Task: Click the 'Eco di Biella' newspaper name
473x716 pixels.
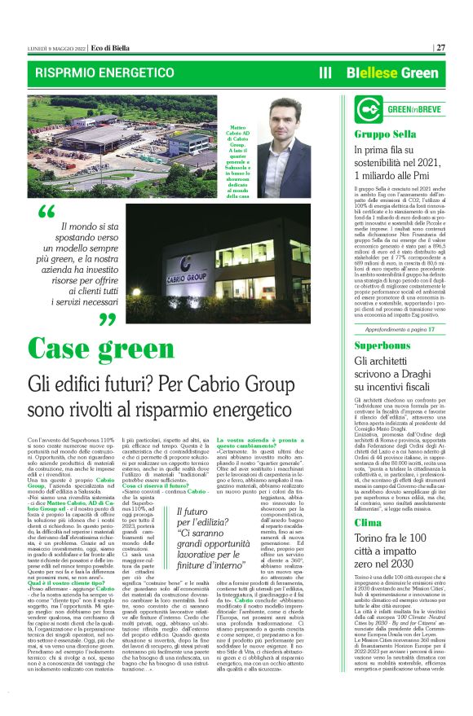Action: (x=90, y=47)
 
